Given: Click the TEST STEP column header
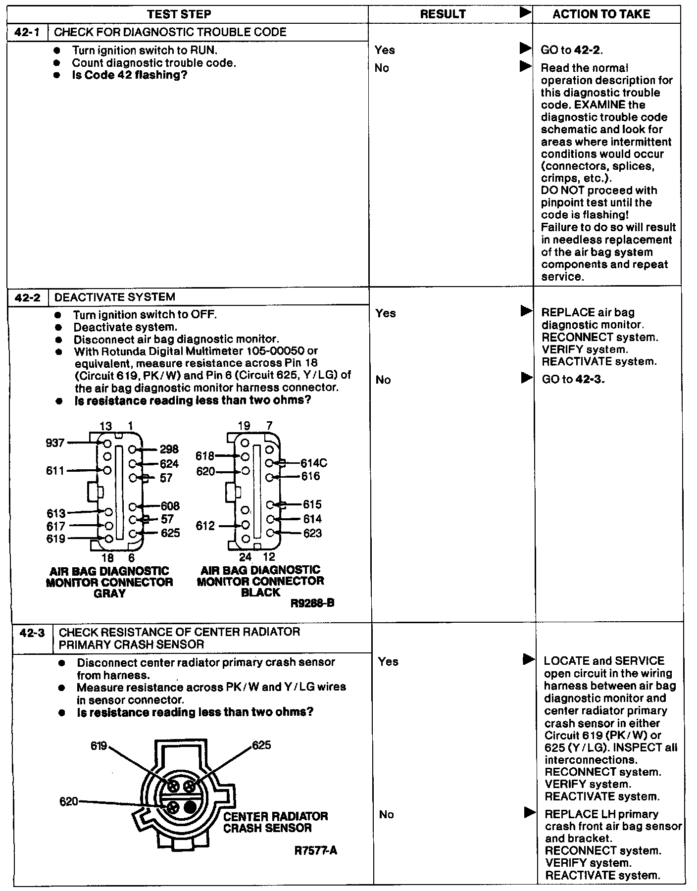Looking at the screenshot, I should pos(179,14).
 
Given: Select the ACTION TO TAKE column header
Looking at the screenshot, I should pos(601,14).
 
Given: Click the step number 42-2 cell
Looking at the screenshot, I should pos(28,297).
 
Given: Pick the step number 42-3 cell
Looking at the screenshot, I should pos(32,633).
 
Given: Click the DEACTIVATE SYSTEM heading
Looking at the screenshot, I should pos(114,297).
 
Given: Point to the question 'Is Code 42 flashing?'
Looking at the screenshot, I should pos(129,75).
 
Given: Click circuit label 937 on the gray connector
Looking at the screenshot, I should pos(55,443).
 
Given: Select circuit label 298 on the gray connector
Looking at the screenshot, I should pos(169,449).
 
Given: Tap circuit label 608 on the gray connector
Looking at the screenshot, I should pos(170,506).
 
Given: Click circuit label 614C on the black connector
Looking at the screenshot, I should pos(314,463).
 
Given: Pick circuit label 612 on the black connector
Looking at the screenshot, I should pos(205,526).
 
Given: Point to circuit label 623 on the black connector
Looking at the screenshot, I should pos(312,533).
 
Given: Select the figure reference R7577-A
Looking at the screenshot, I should pos(315,850).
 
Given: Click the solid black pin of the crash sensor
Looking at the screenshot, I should pos(190,807).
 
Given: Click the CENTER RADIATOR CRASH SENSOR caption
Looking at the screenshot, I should pos(275,822).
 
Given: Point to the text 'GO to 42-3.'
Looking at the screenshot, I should pos(573,380).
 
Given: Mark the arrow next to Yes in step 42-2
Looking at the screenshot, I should pos(526,311).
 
